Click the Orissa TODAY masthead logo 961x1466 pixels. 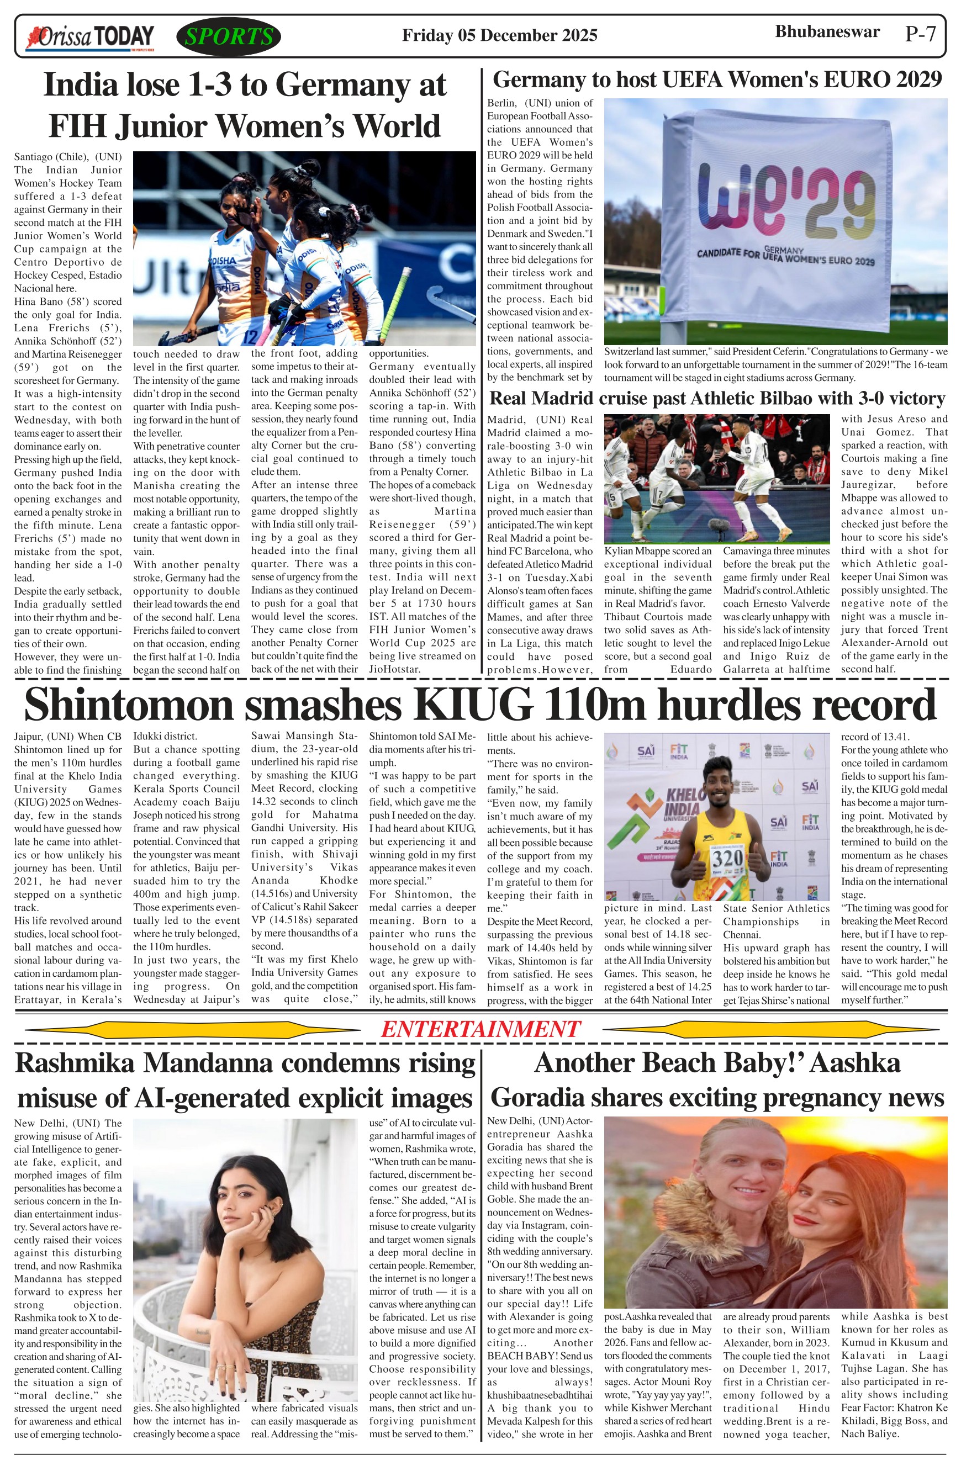click(90, 37)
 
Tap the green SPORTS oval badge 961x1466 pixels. click(229, 37)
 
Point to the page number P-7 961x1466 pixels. click(920, 34)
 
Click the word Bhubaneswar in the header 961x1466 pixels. click(827, 31)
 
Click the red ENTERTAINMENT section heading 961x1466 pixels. click(480, 1029)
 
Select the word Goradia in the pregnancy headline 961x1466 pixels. click(543, 1098)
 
